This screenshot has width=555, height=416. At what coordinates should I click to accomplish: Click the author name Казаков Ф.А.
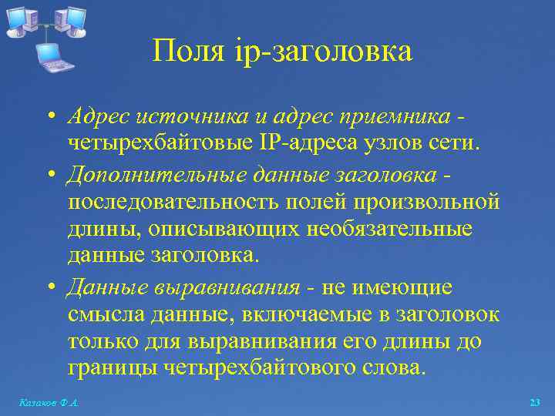[x=49, y=402]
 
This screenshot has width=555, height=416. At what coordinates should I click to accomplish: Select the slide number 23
[x=535, y=402]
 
